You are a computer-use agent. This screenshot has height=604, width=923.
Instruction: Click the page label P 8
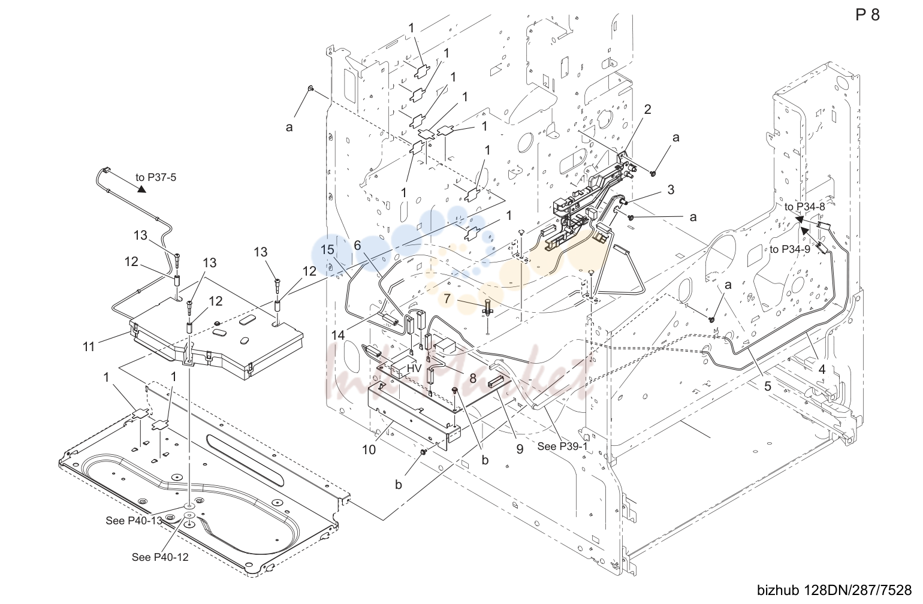pyautogui.click(x=867, y=15)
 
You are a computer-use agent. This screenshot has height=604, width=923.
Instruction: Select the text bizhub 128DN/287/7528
pyautogui.click(x=834, y=590)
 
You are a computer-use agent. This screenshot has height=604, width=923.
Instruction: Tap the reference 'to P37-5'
pyautogui.click(x=156, y=177)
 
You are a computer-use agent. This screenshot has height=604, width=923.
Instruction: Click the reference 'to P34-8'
pyautogui.click(x=805, y=207)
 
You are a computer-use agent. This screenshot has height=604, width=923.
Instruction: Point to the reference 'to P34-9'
pyautogui.click(x=790, y=249)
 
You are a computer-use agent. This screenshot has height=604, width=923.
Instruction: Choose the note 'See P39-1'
pyautogui.click(x=562, y=446)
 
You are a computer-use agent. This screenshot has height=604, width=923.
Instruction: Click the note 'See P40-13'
pyautogui.click(x=134, y=520)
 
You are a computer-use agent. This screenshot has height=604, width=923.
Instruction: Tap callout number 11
pyautogui.click(x=89, y=347)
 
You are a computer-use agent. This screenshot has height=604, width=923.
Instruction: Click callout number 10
pyautogui.click(x=369, y=450)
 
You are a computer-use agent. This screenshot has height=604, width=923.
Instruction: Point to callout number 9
pyautogui.click(x=520, y=449)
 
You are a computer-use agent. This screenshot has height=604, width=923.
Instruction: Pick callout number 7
pyautogui.click(x=447, y=298)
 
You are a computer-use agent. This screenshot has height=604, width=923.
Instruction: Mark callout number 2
pyautogui.click(x=648, y=109)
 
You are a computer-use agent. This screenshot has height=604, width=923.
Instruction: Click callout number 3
pyautogui.click(x=671, y=189)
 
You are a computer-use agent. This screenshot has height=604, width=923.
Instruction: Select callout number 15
pyautogui.click(x=327, y=250)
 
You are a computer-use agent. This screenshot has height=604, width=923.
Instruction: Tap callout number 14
pyautogui.click(x=338, y=336)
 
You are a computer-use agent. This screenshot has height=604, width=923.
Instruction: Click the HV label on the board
pyautogui.click(x=414, y=369)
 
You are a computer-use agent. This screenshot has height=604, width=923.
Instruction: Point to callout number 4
pyautogui.click(x=822, y=370)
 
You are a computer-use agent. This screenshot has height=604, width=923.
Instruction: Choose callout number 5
pyautogui.click(x=768, y=386)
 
